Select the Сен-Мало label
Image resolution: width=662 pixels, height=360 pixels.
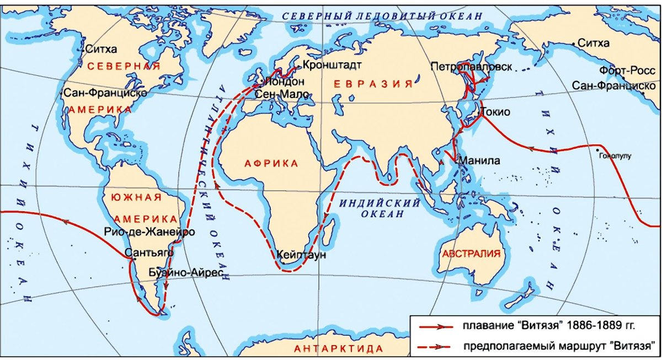click(280, 94)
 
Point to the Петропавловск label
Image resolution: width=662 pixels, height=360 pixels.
click(472, 67)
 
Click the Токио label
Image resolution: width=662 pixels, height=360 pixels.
click(496, 112)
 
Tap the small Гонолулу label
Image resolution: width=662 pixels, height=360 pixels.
click(613, 156)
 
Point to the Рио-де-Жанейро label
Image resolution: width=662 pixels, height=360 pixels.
click(149, 232)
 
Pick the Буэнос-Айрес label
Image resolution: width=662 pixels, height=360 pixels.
click(187, 273)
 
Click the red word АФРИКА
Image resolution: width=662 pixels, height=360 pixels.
click(271, 164)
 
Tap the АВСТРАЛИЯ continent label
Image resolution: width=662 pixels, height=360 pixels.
click(471, 254)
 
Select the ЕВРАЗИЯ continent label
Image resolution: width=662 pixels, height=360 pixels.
click(373, 84)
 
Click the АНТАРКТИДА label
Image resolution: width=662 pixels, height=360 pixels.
click(339, 348)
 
